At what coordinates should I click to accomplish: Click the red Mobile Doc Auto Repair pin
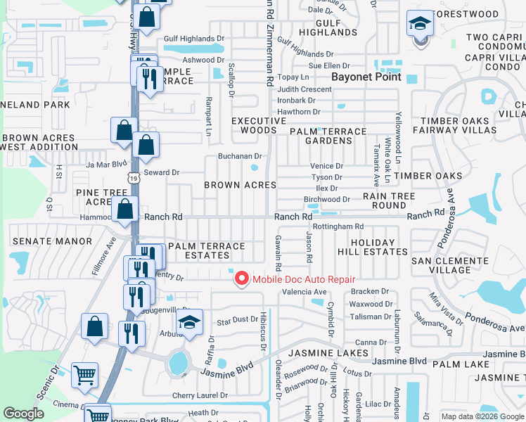(241, 279)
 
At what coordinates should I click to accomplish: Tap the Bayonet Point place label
(366, 77)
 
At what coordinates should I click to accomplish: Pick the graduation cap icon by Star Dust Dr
(188, 323)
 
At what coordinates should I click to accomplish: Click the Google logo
(24, 414)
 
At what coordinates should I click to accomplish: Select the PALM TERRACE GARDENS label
(327, 136)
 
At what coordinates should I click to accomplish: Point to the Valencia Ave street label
(304, 292)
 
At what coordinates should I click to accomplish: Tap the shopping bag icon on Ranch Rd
(124, 208)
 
